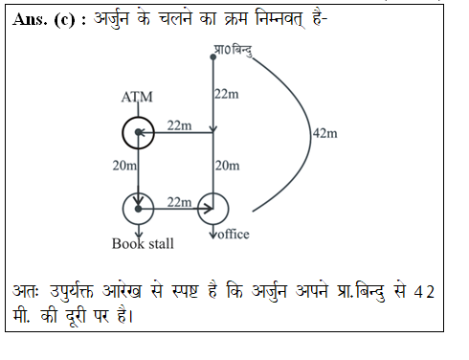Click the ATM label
tap(138, 98)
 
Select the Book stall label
tap(143, 243)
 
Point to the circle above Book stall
tap(139, 207)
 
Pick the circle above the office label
tap(213, 207)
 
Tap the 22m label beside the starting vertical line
tap(226, 93)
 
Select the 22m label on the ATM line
tap(179, 124)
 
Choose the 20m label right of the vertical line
tap(227, 166)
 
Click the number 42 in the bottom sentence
tap(424, 290)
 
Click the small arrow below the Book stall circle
tap(139, 230)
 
